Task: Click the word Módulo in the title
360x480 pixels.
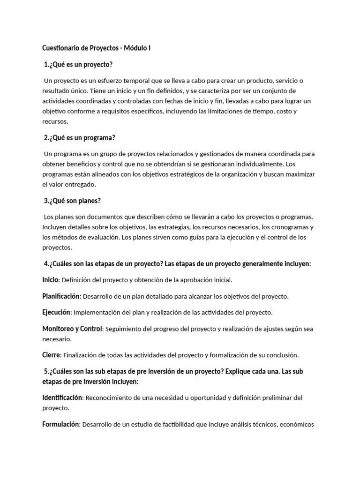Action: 135,48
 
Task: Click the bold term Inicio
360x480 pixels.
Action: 50,280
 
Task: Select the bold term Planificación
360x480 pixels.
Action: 62,296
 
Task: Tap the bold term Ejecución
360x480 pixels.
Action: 56,312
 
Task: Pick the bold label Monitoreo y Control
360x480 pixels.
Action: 72,329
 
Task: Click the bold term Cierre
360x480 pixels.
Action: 51,355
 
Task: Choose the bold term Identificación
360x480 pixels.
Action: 62,397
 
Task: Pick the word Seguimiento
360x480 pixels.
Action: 123,329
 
